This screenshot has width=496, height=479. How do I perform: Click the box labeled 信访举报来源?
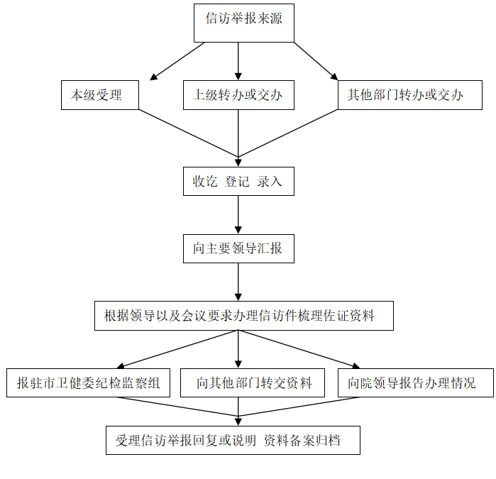(244, 23)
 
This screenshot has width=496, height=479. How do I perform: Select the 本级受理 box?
(100, 95)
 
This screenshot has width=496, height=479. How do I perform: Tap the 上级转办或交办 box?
(238, 95)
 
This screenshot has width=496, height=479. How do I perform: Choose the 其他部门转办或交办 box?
(410, 95)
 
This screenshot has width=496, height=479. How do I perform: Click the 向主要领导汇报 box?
(238, 248)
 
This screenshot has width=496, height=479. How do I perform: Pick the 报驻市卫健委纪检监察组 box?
(88, 382)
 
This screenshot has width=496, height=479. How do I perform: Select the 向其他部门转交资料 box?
(253, 382)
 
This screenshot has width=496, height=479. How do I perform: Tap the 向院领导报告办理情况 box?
(416, 382)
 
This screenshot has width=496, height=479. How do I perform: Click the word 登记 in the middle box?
(237, 182)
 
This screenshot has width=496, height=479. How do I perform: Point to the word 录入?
(269, 182)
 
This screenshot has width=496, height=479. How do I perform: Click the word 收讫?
(205, 182)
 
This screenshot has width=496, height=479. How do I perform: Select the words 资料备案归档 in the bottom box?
(302, 441)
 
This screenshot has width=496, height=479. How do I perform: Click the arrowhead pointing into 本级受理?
(153, 77)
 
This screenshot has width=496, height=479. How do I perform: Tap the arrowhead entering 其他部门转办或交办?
(334, 77)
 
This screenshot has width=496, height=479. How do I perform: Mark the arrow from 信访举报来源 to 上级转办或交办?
(238, 61)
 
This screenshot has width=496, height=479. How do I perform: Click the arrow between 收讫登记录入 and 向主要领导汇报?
(238, 215)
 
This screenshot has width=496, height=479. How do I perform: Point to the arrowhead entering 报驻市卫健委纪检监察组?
(121, 365)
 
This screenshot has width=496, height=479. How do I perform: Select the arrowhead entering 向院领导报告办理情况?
(356, 365)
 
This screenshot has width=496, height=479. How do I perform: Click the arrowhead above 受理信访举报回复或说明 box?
(238, 422)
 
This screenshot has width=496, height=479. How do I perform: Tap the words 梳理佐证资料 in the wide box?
(336, 316)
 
